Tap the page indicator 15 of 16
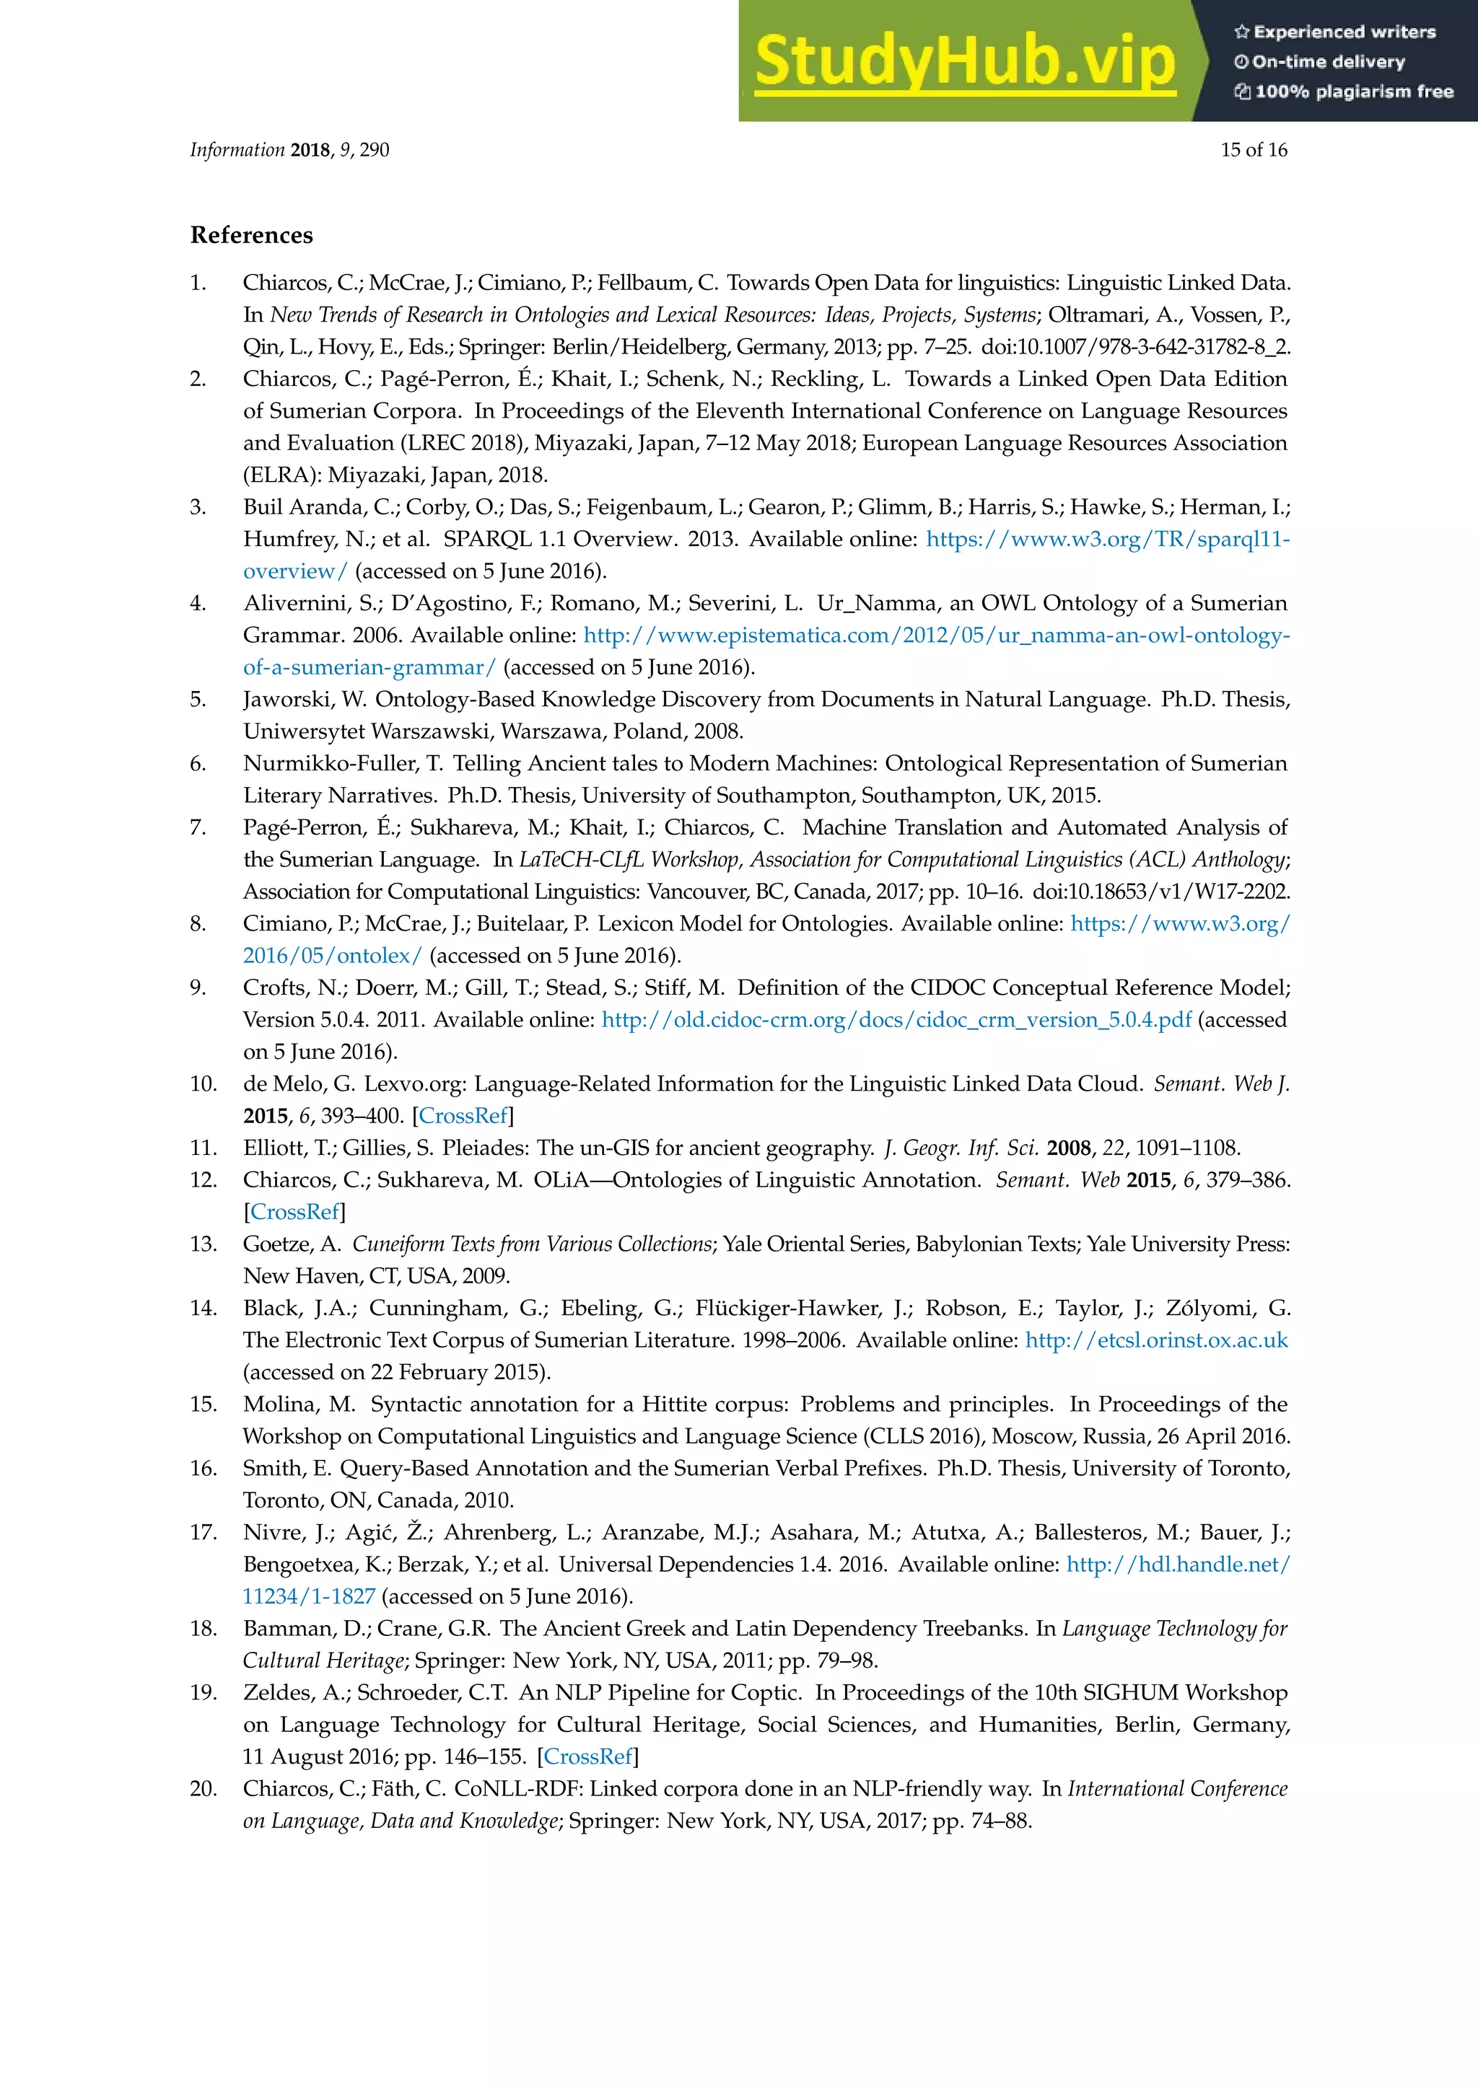1254,150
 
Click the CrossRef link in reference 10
463,1115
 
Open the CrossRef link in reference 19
588,1756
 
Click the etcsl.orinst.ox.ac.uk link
1156,1340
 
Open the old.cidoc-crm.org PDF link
896,1020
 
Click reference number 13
203,1244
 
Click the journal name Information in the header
237,150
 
